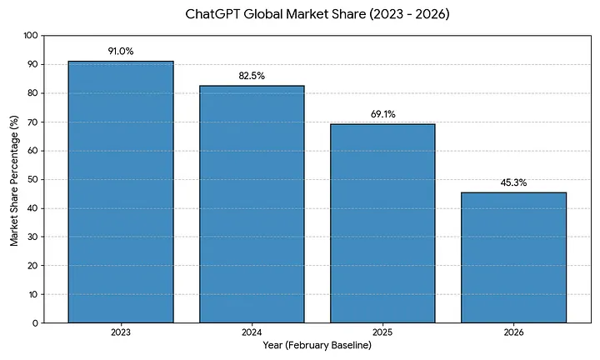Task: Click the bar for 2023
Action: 121,192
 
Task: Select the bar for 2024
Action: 252,204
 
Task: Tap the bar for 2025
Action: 382,223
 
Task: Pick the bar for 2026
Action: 513,257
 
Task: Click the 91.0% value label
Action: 121,52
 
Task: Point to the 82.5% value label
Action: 252,76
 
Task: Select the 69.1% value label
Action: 382,114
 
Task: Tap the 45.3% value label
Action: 513,182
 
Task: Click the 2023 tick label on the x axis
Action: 121,332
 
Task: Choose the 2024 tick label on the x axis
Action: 252,332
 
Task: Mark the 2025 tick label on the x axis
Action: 382,332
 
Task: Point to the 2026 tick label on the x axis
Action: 513,332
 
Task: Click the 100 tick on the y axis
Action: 31,36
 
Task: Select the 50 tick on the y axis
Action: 33,179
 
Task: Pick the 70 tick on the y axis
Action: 33,122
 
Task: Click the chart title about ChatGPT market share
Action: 317,14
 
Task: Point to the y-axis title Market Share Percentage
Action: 14,179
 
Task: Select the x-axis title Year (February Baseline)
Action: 317,344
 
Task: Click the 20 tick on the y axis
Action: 33,266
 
